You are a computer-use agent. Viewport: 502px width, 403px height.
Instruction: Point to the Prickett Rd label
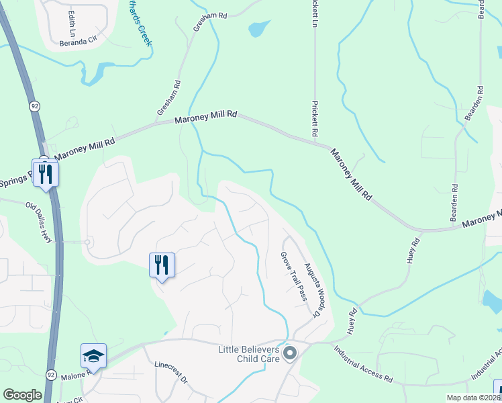314,119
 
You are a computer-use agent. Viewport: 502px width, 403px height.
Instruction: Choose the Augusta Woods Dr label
309,289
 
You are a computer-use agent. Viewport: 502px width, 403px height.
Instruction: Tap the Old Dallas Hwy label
39,222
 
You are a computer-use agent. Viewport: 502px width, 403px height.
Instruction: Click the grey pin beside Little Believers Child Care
290,353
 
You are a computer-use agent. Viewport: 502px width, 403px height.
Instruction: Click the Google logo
22,395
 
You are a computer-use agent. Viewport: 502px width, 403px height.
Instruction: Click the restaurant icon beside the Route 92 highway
46,173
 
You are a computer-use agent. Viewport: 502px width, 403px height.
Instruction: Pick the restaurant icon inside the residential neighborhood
161,265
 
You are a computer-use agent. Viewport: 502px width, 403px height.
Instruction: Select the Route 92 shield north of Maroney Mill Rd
34,105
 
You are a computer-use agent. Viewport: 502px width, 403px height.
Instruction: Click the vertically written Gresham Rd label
178,95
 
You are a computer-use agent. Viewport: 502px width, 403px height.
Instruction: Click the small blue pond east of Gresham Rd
259,28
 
